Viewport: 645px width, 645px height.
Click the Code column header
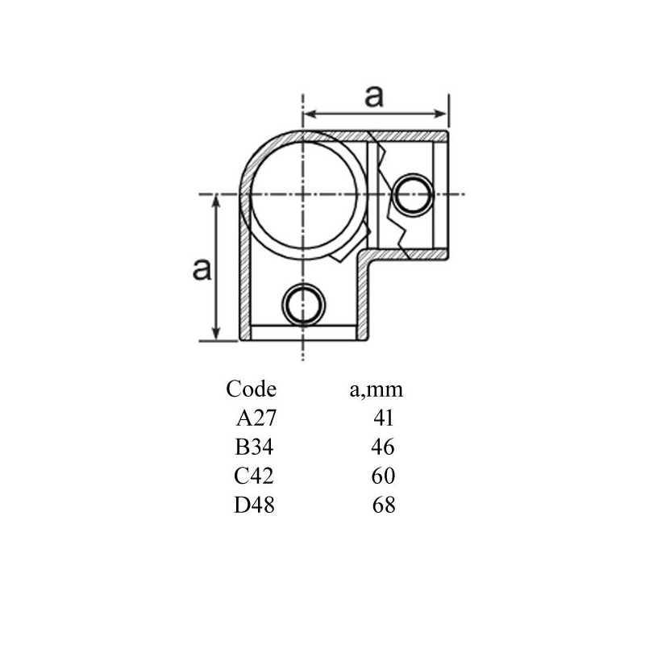click(x=251, y=389)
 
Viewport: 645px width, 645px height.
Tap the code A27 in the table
click(x=256, y=418)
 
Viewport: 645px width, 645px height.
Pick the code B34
click(x=254, y=447)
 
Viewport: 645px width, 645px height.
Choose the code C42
click(x=254, y=476)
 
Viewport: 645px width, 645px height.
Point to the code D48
click(x=254, y=506)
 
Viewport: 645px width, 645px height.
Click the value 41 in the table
click(x=384, y=418)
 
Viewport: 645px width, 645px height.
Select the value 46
click(x=383, y=447)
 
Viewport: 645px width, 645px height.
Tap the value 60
click(x=384, y=476)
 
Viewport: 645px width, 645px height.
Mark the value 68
click(x=384, y=506)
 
